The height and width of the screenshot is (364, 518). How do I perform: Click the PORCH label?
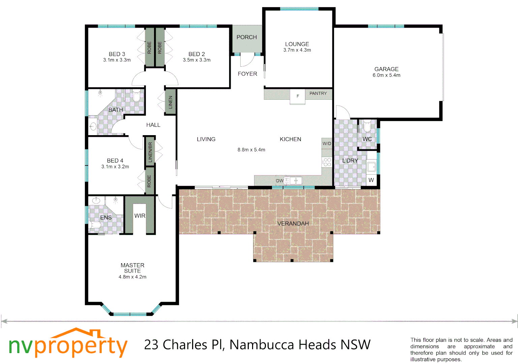(246, 37)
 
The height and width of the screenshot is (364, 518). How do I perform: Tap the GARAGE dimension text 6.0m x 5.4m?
(386, 75)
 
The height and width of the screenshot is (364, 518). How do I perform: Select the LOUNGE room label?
(297, 44)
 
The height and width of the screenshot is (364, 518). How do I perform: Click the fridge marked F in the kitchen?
(298, 96)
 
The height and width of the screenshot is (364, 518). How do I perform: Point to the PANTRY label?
(318, 93)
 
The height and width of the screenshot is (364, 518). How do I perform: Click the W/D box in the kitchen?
(327, 143)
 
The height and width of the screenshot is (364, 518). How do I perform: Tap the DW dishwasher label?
(280, 181)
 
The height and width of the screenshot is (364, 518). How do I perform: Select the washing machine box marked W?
(371, 180)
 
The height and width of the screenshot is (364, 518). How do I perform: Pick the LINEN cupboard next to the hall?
(170, 102)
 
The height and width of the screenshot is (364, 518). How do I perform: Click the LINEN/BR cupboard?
(150, 151)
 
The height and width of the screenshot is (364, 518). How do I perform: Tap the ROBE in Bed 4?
(149, 181)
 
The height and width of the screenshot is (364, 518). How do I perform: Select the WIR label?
(140, 216)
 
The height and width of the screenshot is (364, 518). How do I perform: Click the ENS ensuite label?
(106, 217)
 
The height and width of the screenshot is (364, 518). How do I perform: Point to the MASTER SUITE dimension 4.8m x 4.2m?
(132, 277)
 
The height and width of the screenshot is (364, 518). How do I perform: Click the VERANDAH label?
(293, 223)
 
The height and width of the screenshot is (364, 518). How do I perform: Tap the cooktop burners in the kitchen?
(327, 162)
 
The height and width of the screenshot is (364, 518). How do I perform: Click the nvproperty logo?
(68, 344)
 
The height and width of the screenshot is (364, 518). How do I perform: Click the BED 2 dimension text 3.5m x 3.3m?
(196, 60)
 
